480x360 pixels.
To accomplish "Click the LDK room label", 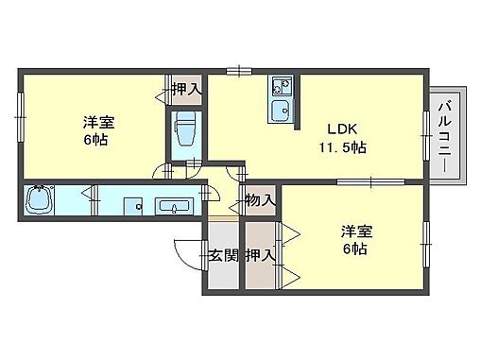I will [341, 129].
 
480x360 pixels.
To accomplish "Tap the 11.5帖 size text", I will [341, 147].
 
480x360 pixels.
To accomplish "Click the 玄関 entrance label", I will [223, 254].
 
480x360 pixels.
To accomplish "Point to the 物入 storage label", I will [260, 200].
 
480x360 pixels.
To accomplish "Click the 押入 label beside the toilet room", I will [186, 90].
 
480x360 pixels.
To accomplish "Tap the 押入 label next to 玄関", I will [260, 254].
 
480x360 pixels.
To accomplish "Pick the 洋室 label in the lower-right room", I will [356, 231].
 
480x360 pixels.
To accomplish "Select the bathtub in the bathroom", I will [40, 201].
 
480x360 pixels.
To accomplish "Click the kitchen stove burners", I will [280, 88].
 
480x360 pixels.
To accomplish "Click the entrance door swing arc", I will [185, 250].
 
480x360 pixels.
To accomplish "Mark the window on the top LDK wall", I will [238, 69].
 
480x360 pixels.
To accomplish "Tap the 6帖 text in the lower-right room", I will [356, 250].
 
